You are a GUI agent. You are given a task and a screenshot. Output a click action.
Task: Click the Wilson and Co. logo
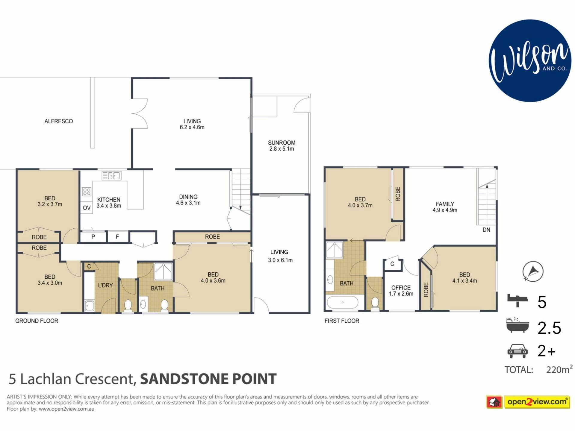pos(530,61)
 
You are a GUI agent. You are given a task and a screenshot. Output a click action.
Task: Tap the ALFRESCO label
pos(59,121)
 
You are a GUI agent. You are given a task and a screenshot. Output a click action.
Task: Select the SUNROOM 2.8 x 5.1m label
pos(282,146)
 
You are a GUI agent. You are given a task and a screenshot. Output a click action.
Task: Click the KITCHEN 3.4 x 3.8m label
pos(109,203)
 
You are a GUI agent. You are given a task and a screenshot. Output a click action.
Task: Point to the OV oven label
pos(87,208)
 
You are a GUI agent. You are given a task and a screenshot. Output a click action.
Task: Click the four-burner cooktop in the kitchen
pos(87,192)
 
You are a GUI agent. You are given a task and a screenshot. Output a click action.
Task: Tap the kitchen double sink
pos(111,176)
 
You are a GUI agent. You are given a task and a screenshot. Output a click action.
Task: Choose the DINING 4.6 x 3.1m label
pos(188,200)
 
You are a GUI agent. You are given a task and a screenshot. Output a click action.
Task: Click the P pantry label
pos(93,237)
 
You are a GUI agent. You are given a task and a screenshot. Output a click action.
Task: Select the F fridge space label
pos(117,237)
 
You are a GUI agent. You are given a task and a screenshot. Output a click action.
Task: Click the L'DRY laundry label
pos(105,285)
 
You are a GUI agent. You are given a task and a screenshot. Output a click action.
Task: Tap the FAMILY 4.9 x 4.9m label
pos(445,207)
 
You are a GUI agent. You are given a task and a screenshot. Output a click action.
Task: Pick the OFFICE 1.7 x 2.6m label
pos(401,291)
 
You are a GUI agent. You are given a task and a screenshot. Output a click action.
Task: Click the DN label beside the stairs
pos(486,230)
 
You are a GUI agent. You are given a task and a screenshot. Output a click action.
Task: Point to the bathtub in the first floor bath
pos(343,302)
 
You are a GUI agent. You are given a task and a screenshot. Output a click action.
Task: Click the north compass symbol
pos(533,271)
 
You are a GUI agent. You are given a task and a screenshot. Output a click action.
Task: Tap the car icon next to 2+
pos(517,351)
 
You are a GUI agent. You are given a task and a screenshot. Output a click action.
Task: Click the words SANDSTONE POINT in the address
pos(208,379)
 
